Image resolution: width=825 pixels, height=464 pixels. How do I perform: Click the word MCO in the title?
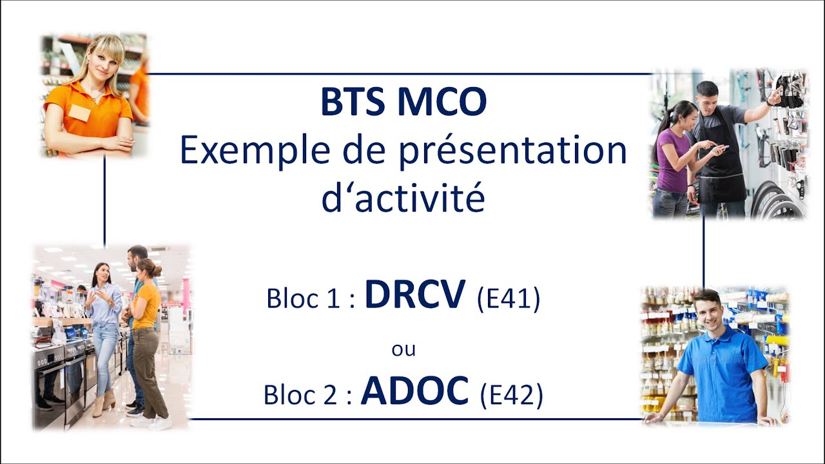point(442,102)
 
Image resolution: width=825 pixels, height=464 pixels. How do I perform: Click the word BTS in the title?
point(353,102)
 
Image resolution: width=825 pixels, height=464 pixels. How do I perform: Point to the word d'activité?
point(403,198)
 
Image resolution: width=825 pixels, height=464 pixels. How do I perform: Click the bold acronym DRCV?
point(415,295)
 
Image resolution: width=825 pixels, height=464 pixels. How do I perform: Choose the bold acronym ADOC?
point(415,391)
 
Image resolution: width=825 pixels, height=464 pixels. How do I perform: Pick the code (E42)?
point(512,394)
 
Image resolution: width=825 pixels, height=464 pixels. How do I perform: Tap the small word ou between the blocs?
point(403,349)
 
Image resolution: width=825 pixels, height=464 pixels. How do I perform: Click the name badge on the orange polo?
point(80,113)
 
